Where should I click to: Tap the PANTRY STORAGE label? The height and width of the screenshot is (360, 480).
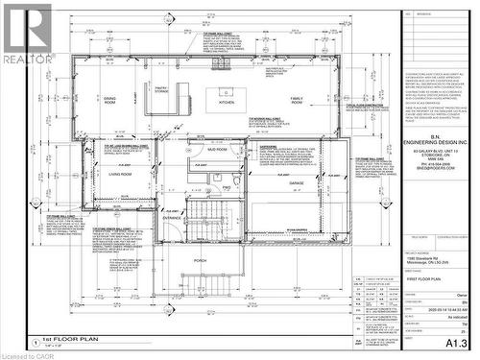coord(161,90)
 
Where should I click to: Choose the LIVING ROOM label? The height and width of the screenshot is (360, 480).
coord(119,175)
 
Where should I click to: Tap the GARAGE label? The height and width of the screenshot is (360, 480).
coord(296,181)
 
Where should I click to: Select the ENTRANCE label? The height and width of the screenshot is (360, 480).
coord(172,218)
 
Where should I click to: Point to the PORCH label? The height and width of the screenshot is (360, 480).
coord(200,259)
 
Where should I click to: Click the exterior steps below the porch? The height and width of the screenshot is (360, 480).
coord(201,280)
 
